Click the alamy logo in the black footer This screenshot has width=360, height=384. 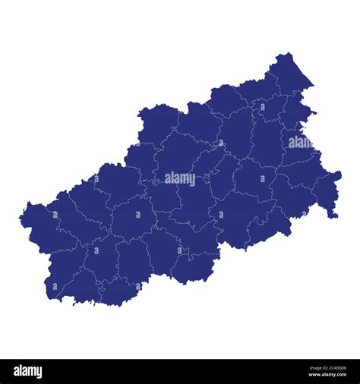pos(27,372)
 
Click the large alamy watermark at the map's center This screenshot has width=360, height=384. pos(180,179)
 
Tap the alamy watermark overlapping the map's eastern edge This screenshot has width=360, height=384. pos(300,142)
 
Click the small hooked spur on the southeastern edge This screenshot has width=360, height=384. pos(333,216)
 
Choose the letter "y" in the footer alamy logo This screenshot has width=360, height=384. pos(39,373)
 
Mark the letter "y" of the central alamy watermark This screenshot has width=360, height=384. pos(192,181)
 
